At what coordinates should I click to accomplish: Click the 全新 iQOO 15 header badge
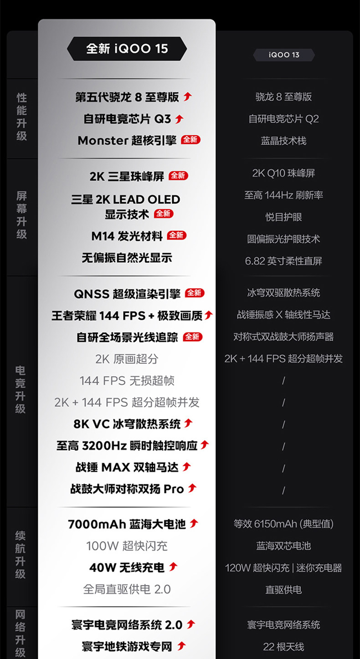click(127, 49)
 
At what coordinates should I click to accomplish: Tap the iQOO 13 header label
click(283, 55)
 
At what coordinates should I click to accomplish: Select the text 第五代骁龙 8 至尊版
click(127, 97)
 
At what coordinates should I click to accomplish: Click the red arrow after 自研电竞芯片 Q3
click(179, 119)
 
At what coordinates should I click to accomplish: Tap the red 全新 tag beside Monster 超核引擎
click(190, 140)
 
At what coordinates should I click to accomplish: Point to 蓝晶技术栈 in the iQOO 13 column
click(283, 141)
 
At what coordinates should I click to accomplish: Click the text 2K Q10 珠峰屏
click(283, 173)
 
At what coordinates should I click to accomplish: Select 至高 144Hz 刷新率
click(283, 195)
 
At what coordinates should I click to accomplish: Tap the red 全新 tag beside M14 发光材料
click(177, 235)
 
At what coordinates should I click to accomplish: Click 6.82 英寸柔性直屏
click(283, 261)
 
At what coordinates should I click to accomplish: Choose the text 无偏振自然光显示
click(127, 258)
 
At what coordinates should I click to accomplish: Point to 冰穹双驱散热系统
click(283, 293)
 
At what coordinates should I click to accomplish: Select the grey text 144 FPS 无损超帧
click(127, 380)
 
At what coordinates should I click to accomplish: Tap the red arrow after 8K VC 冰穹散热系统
click(188, 424)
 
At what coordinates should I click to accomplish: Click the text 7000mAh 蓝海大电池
click(127, 524)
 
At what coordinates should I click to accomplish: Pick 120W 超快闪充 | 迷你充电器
click(283, 568)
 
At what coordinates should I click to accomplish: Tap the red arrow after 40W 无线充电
click(173, 567)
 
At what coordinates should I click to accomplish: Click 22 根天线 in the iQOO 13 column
click(283, 646)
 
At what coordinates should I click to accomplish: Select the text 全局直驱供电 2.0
click(127, 589)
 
